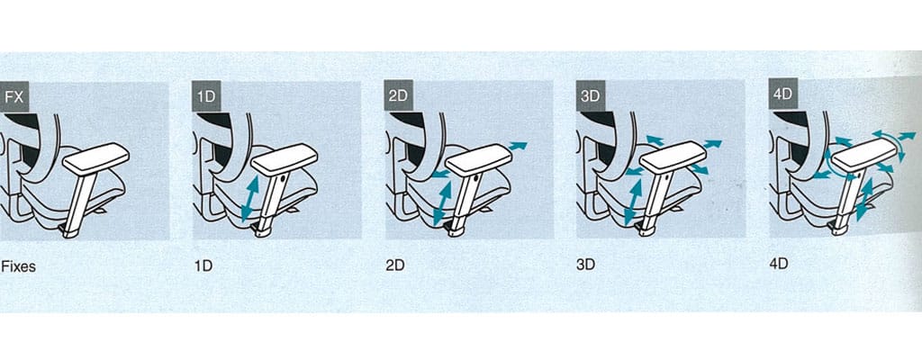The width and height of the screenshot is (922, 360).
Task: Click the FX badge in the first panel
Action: (x=14, y=96)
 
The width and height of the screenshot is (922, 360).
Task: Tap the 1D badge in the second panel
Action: (x=206, y=96)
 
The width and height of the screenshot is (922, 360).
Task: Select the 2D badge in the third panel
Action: (x=398, y=95)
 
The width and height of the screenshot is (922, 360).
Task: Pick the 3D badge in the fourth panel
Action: (x=590, y=94)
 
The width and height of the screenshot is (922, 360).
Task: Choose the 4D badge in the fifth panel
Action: (x=782, y=94)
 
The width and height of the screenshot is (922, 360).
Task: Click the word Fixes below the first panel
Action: (x=18, y=266)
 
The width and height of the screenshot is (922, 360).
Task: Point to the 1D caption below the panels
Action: (x=203, y=265)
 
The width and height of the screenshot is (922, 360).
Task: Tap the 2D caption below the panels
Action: (x=395, y=265)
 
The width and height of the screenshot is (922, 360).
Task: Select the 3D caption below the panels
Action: (x=585, y=265)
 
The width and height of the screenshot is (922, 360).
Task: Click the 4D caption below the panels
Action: (x=778, y=264)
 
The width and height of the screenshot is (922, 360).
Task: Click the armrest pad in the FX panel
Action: (x=95, y=158)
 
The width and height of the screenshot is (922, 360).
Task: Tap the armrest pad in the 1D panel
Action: (x=285, y=158)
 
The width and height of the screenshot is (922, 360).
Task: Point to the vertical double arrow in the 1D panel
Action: (x=249, y=200)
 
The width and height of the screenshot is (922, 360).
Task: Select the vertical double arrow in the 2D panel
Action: (x=441, y=203)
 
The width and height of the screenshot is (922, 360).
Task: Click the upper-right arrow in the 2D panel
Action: (x=518, y=146)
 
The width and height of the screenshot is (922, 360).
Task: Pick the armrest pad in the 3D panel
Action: (x=672, y=157)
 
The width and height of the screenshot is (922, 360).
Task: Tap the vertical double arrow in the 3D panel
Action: (x=633, y=202)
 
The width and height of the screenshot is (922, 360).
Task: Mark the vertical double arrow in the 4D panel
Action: (x=863, y=200)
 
